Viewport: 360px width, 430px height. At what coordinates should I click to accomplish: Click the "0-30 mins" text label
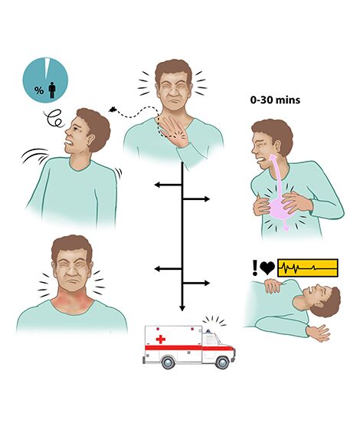275,100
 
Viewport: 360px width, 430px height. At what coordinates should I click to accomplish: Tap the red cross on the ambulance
161,340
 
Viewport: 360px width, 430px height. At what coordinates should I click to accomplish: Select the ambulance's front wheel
222,363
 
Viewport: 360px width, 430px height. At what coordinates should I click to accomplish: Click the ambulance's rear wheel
168,363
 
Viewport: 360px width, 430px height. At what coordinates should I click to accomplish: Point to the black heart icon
267,268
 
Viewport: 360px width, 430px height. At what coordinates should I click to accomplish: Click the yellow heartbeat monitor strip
308,268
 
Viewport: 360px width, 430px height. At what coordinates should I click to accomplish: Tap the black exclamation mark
255,268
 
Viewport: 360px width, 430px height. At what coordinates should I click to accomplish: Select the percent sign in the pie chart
39,90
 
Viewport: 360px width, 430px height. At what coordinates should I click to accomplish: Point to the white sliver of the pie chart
47,67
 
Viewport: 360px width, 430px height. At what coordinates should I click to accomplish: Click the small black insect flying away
113,110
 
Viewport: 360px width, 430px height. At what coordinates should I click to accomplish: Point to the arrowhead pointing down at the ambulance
182,308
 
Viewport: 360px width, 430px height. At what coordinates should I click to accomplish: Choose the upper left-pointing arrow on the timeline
169,185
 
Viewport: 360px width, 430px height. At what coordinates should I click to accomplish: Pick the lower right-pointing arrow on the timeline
196,283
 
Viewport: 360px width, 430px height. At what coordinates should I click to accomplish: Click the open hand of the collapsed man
319,333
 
